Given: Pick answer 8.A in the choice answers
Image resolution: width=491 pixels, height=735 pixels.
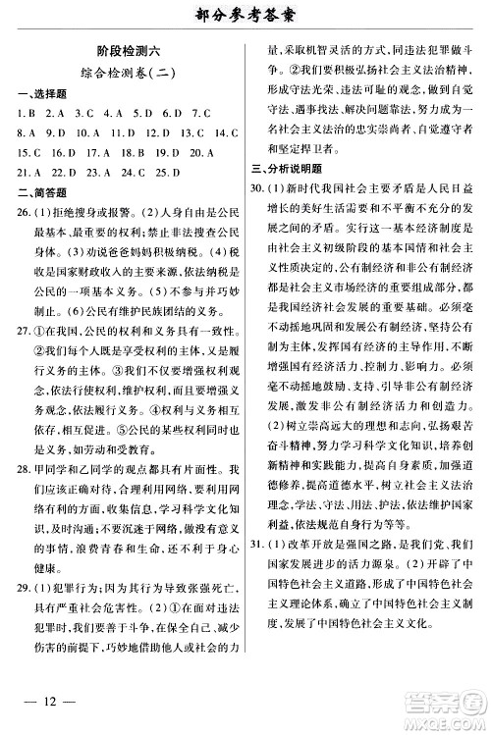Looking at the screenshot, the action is pos(27,133).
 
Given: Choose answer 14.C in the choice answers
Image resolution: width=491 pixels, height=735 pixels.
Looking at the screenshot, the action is pos(227,133).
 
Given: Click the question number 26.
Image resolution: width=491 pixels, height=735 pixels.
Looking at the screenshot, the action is pos(22,213).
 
